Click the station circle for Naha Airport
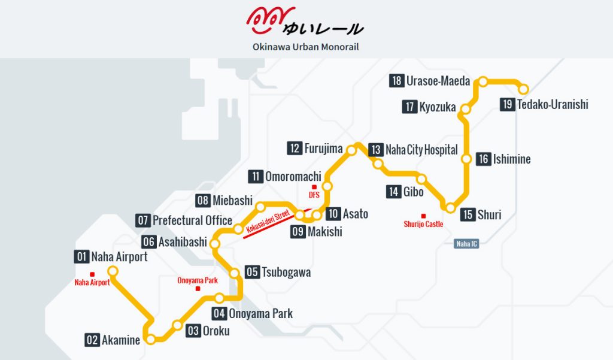pos(112,271)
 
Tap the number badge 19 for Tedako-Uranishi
pos(507,105)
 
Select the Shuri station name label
pos(489,215)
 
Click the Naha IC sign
pos(466,244)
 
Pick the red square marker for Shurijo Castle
pos(423,216)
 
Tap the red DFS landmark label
pos(314,195)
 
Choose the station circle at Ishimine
pos(466,159)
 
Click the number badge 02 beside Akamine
pos(92,340)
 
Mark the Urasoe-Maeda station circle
pos(482,81)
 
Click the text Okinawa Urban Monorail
pos(306,47)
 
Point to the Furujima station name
pos(323,149)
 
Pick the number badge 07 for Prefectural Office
pos(143,220)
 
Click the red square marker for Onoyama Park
pos(198,288)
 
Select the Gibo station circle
pos(421,179)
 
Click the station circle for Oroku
pos(177,325)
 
